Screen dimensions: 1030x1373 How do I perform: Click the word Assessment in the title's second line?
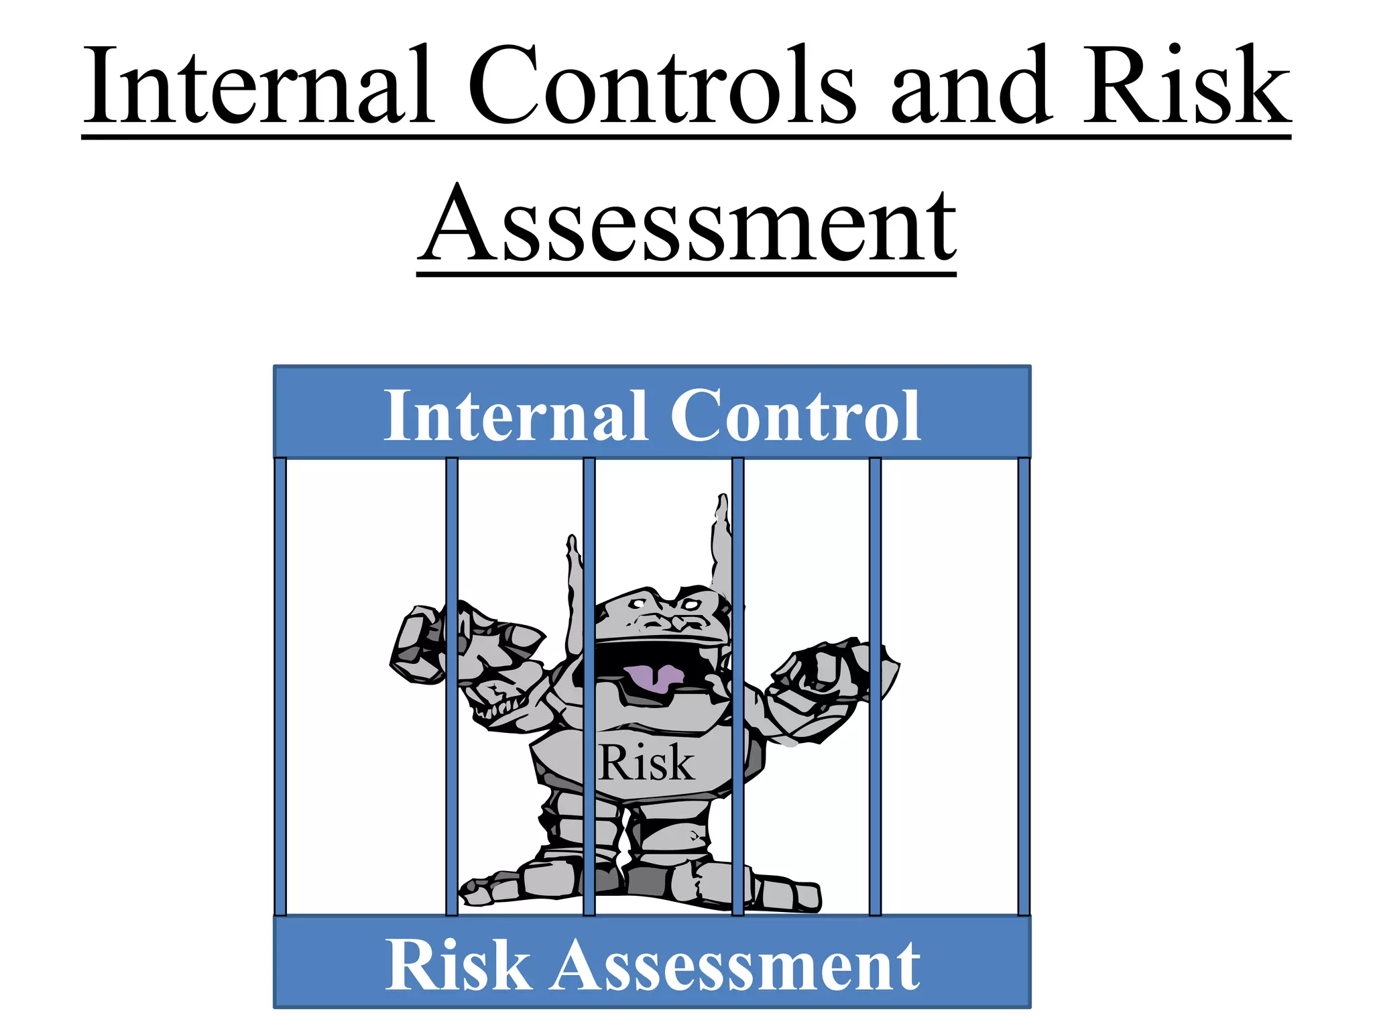tap(686, 225)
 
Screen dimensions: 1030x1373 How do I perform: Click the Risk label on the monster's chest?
tap(646, 763)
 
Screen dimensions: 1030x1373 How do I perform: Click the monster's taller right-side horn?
tap(723, 543)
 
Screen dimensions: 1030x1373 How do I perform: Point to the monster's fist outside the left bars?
tap(418, 644)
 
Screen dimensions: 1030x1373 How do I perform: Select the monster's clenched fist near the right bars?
tap(831, 671)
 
